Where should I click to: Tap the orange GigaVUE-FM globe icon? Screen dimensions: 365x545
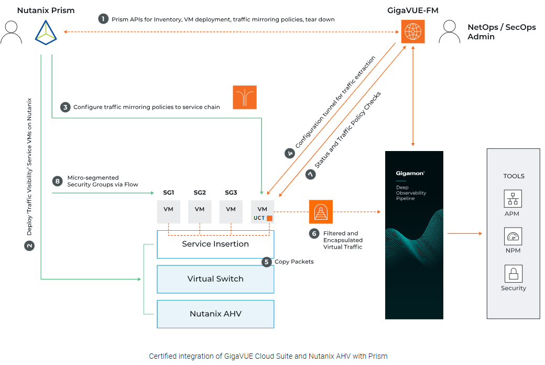pos(413,31)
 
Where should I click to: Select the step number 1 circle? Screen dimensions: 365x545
pos(103,19)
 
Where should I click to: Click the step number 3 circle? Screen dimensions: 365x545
pos(65,107)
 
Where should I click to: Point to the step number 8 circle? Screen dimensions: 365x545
pos(58,181)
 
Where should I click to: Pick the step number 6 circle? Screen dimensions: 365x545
pos(314,233)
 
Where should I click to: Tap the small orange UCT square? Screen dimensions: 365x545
pos(270,218)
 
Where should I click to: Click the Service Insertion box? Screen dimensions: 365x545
pos(215,244)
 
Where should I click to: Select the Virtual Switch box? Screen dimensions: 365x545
pos(215,279)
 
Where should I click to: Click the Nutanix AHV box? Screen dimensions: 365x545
pos(215,314)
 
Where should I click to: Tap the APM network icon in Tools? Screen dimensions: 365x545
pos(513,199)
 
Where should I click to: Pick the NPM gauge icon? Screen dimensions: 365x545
pos(513,237)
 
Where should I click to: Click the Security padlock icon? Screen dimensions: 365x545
pos(513,274)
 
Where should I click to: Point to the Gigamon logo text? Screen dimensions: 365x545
pos(410,173)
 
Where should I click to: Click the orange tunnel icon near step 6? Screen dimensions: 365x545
pos(321,212)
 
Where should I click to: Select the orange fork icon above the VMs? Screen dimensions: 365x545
pos(245,98)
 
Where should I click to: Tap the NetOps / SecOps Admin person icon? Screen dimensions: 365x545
pos(450,32)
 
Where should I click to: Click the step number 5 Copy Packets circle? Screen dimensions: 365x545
pos(267,261)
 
